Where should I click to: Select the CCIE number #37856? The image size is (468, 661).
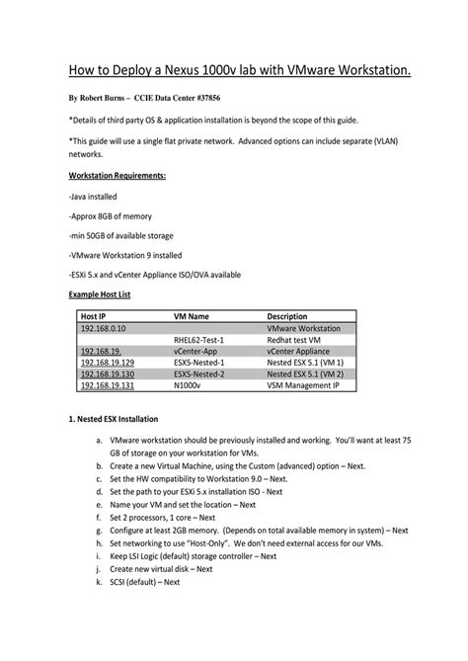pos(225,100)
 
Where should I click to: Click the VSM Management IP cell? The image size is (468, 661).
pos(304,387)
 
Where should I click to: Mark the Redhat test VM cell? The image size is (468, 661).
pos(295,340)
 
